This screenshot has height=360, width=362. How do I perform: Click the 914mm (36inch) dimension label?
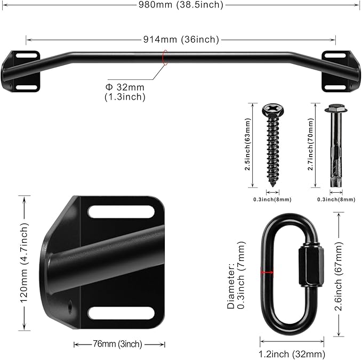click(x=182, y=39)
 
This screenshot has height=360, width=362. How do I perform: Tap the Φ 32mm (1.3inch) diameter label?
click(x=125, y=92)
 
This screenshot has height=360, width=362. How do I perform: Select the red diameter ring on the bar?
click(x=165, y=58)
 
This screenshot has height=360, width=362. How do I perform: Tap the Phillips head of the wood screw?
click(x=272, y=111)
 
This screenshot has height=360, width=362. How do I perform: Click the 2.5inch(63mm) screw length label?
click(x=248, y=144)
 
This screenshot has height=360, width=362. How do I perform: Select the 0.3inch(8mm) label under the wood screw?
click(x=272, y=200)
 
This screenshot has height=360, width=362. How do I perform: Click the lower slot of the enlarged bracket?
click(x=122, y=313)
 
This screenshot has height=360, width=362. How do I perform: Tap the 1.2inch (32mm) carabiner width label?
click(x=292, y=354)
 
